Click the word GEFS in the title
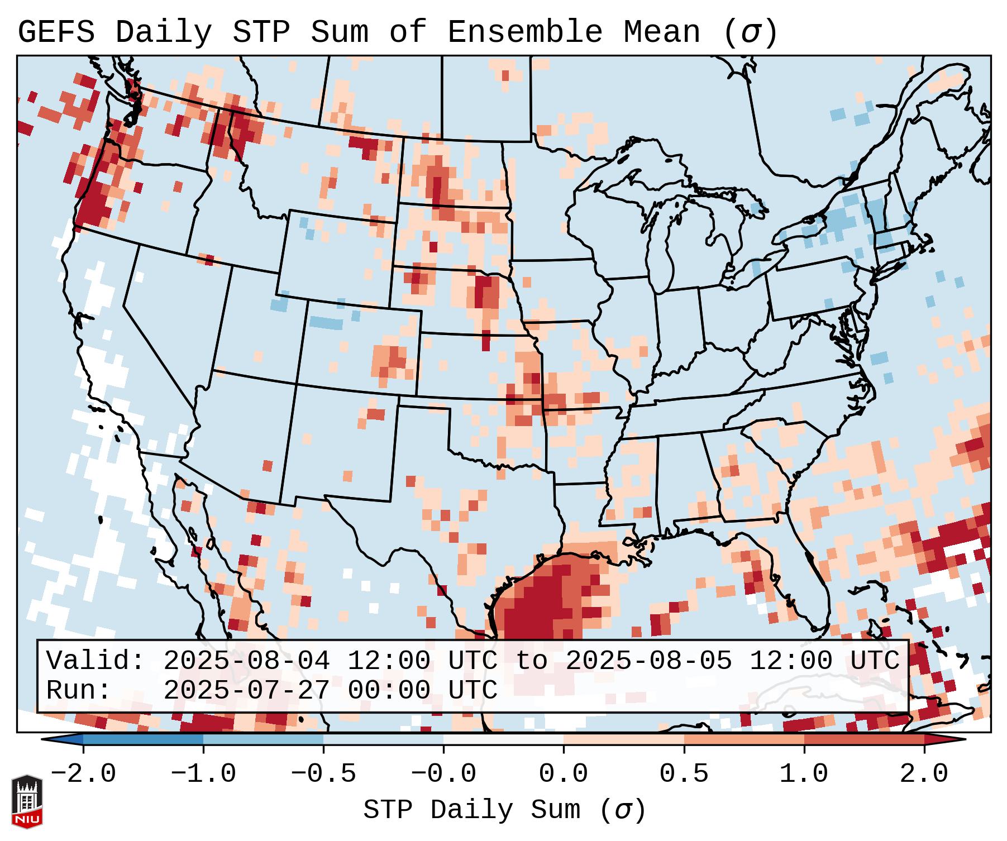click(x=56, y=32)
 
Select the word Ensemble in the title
click(x=524, y=32)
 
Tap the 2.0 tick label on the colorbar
click(x=924, y=774)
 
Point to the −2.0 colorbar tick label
click(x=83, y=774)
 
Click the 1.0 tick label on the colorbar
click(x=804, y=774)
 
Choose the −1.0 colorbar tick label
click(x=203, y=774)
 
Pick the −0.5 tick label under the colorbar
click(x=323, y=774)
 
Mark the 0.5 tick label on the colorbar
click(x=684, y=774)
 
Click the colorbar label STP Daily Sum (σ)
click(x=504, y=810)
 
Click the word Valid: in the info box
click(x=96, y=661)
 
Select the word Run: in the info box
click(x=79, y=690)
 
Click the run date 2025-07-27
click(x=246, y=690)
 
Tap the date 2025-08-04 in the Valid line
click(x=246, y=661)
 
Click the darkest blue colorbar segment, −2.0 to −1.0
click(x=143, y=739)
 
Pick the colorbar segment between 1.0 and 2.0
click(x=864, y=739)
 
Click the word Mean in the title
click(x=661, y=32)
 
